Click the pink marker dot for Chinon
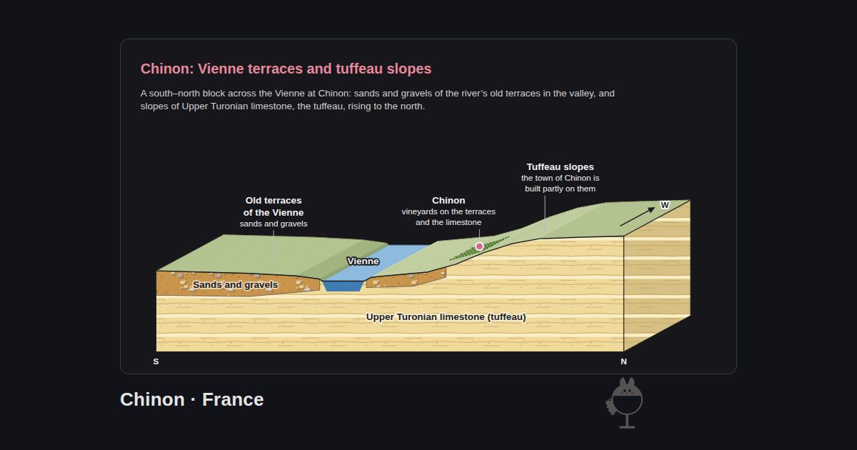pyautogui.click(x=479, y=246)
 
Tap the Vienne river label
pyautogui.click(x=363, y=261)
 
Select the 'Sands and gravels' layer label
pyautogui.click(x=235, y=285)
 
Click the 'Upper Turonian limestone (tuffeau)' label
pyautogui.click(x=446, y=317)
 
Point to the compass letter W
pyautogui.click(x=665, y=205)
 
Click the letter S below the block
pyautogui.click(x=156, y=361)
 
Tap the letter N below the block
pyautogui.click(x=623, y=361)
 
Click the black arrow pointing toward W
pyautogui.click(x=637, y=216)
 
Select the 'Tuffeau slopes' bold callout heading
pyautogui.click(x=560, y=167)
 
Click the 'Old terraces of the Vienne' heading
pyautogui.click(x=274, y=206)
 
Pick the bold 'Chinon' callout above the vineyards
pyautogui.click(x=448, y=201)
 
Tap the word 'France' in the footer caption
pyautogui.click(x=233, y=399)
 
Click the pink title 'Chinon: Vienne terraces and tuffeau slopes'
pyautogui.click(x=286, y=69)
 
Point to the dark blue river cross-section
pyautogui.click(x=342, y=286)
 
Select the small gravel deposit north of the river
pyautogui.click(x=406, y=279)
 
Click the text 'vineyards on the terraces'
pyautogui.click(x=448, y=211)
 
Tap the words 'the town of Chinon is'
pyautogui.click(x=560, y=178)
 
